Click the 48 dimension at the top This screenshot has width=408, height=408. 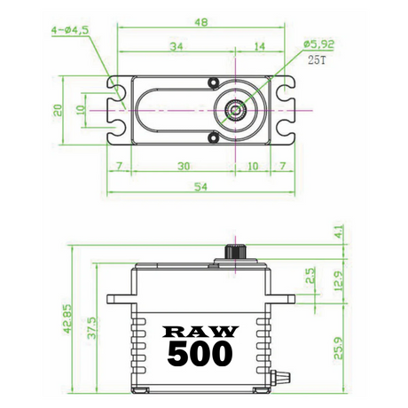click(x=201, y=22)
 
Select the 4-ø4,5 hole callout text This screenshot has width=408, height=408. click(x=70, y=30)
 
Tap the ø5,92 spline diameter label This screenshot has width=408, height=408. click(x=318, y=44)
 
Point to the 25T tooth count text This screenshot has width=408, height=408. click(x=317, y=60)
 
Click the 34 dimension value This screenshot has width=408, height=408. click(x=177, y=46)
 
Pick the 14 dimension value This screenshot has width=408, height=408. click(x=259, y=46)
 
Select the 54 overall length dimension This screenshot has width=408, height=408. click(x=200, y=187)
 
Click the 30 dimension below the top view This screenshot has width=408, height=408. click(x=184, y=166)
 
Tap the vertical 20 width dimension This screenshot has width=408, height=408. click(x=59, y=110)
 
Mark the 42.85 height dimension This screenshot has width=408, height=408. click(x=68, y=319)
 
